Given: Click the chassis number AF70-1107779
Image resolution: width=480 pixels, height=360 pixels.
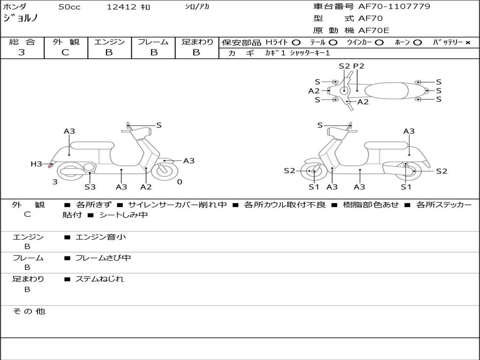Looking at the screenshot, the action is pos(394,6).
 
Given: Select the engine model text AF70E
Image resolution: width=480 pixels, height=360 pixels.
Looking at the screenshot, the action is pos(374,30).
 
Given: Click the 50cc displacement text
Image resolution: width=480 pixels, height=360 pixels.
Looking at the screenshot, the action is pos(69,7).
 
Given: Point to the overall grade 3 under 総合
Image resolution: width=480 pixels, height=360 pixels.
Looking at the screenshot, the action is pos(22,52).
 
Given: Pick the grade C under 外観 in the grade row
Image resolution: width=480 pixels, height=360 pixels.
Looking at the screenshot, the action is pos(65,52).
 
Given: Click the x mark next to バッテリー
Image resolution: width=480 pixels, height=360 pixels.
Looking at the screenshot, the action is pos(468,43).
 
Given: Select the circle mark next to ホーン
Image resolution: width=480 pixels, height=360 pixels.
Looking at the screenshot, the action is pos(417,43).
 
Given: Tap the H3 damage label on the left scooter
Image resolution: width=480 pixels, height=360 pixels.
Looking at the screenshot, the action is pos(36,164).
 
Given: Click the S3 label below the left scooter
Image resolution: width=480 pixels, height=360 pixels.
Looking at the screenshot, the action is pos(90,187).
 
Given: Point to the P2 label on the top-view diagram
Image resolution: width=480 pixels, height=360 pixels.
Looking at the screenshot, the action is pos(359,66).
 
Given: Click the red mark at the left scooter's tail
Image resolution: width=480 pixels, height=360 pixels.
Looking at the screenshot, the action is pos(51,165).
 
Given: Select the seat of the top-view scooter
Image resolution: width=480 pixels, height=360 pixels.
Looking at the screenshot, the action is pos(386,91).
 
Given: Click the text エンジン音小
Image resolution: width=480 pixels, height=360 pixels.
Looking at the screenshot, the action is pos(101,237).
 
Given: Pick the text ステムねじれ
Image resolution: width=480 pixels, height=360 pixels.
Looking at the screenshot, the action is pos(99,279).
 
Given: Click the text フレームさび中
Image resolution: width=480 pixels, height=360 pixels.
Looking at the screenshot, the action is pos(103,258).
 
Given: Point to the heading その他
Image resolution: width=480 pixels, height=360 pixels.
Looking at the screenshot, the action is pos(29,311).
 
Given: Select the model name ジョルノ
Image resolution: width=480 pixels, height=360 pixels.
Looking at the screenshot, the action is pos(21,18).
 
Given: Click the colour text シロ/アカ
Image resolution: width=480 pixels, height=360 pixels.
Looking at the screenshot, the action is pos(197,7).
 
